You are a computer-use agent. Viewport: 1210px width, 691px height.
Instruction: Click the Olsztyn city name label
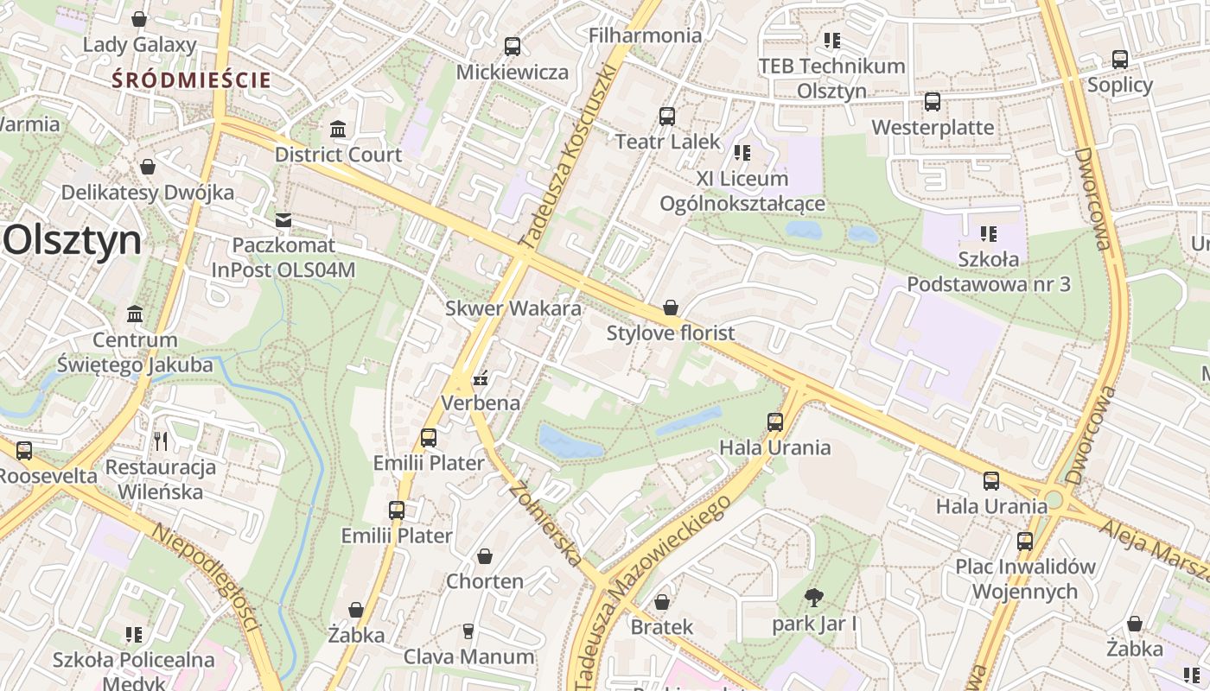tap(73, 239)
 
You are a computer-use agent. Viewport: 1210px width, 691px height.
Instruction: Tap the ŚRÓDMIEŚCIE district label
tap(192, 80)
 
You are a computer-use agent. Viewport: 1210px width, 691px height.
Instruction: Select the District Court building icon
tap(338, 130)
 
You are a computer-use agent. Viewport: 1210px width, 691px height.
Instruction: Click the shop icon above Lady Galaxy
tap(138, 19)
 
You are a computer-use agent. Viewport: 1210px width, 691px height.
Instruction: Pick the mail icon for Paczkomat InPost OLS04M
tap(283, 220)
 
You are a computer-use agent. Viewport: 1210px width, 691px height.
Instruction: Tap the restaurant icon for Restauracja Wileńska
tap(160, 441)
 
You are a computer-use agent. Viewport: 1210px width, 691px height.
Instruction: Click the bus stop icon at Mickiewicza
tap(513, 47)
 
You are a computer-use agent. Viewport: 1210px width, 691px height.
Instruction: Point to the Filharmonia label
tap(645, 35)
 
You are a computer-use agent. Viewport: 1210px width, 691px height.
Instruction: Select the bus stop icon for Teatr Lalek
tap(667, 117)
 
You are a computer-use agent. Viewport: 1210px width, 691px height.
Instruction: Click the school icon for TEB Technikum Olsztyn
tap(831, 41)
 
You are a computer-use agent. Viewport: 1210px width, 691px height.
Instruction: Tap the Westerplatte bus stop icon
tap(932, 102)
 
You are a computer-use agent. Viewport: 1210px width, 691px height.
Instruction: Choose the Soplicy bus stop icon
tap(1120, 60)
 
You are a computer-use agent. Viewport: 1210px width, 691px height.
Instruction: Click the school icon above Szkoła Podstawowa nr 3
tap(989, 233)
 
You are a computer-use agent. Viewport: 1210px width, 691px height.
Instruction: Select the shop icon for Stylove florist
tap(670, 307)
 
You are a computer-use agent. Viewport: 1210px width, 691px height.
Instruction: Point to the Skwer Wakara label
tap(513, 308)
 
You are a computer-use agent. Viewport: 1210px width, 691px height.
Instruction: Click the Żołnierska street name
tap(544, 523)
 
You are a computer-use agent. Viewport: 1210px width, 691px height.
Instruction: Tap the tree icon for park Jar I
tap(813, 597)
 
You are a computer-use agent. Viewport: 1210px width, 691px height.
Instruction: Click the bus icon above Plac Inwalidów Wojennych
tap(1024, 542)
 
